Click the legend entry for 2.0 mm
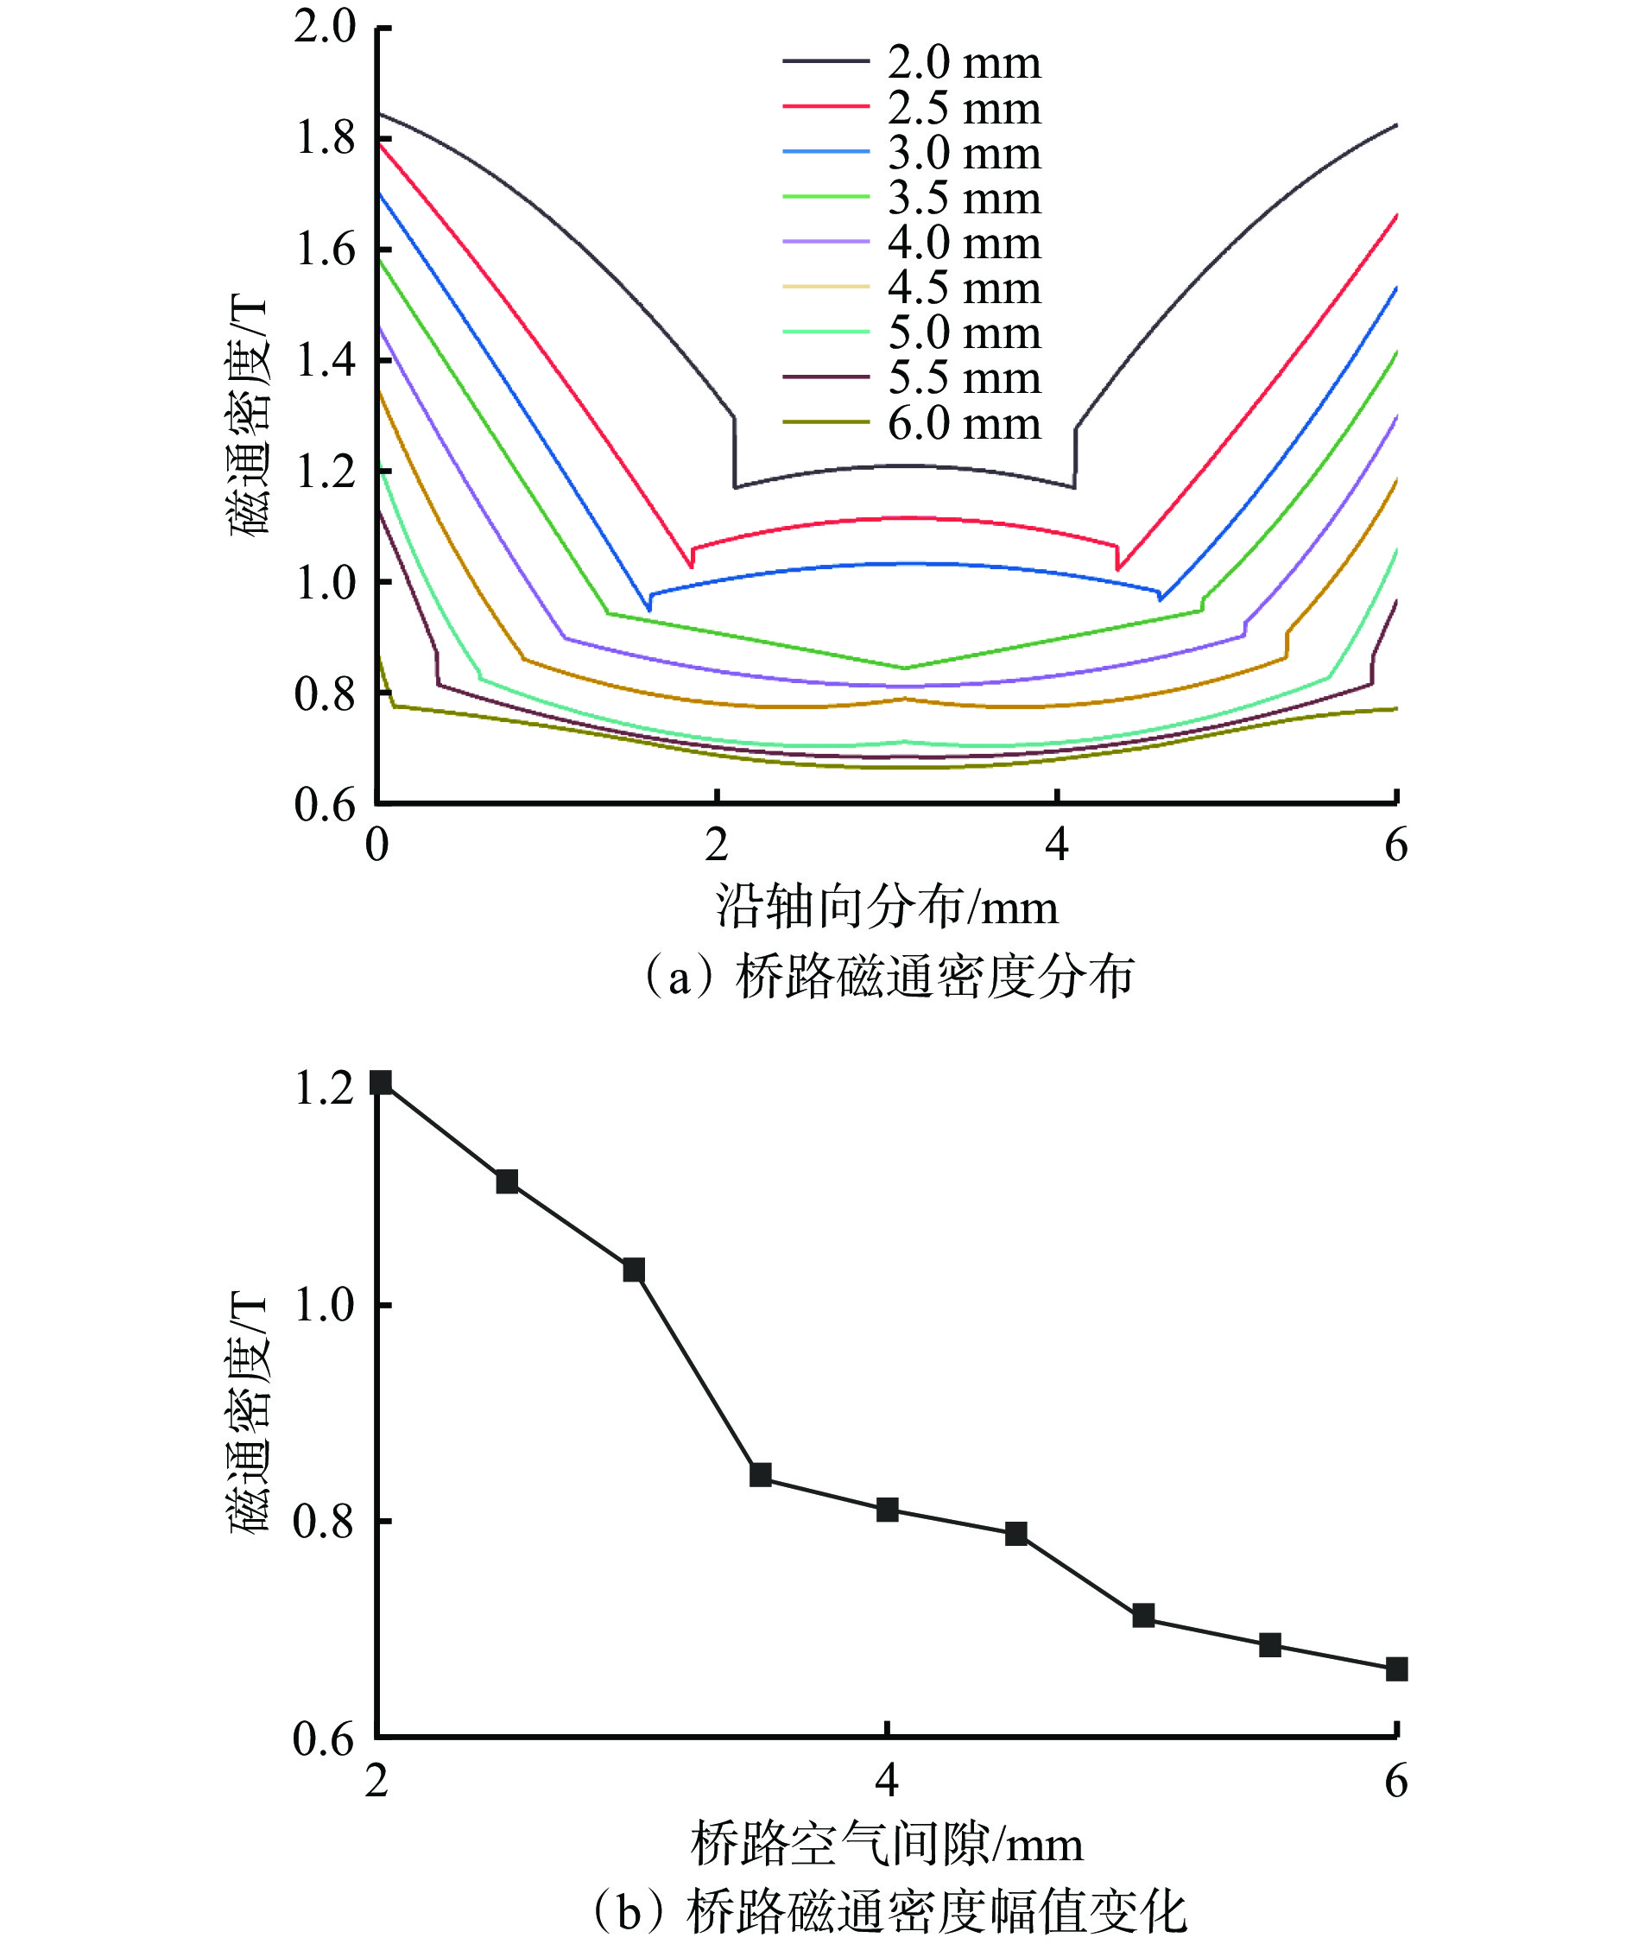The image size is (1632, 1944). click(x=963, y=62)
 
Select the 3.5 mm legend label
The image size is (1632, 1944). click(x=963, y=198)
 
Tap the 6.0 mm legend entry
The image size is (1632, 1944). click(x=963, y=424)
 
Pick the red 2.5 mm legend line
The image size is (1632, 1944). click(x=825, y=106)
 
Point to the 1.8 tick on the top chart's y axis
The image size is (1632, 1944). click(x=325, y=139)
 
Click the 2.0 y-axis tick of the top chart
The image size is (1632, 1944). click(x=325, y=27)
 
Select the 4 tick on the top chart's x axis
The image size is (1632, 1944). click(x=1056, y=845)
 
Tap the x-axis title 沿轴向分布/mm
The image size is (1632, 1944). click(x=886, y=905)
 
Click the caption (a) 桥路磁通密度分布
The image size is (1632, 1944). click(x=888, y=978)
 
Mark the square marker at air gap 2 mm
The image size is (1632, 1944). click(x=380, y=1082)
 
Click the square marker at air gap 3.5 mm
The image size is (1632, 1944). click(x=761, y=1475)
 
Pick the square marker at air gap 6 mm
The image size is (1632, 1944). click(x=1396, y=1669)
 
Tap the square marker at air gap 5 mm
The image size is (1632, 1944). click(x=1143, y=1615)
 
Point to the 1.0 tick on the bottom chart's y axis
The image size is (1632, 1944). click(x=325, y=1304)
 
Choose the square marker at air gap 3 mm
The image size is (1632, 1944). click(x=633, y=1270)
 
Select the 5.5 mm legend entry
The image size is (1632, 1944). click(x=963, y=378)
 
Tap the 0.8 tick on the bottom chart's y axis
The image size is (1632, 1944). click(x=325, y=1521)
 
